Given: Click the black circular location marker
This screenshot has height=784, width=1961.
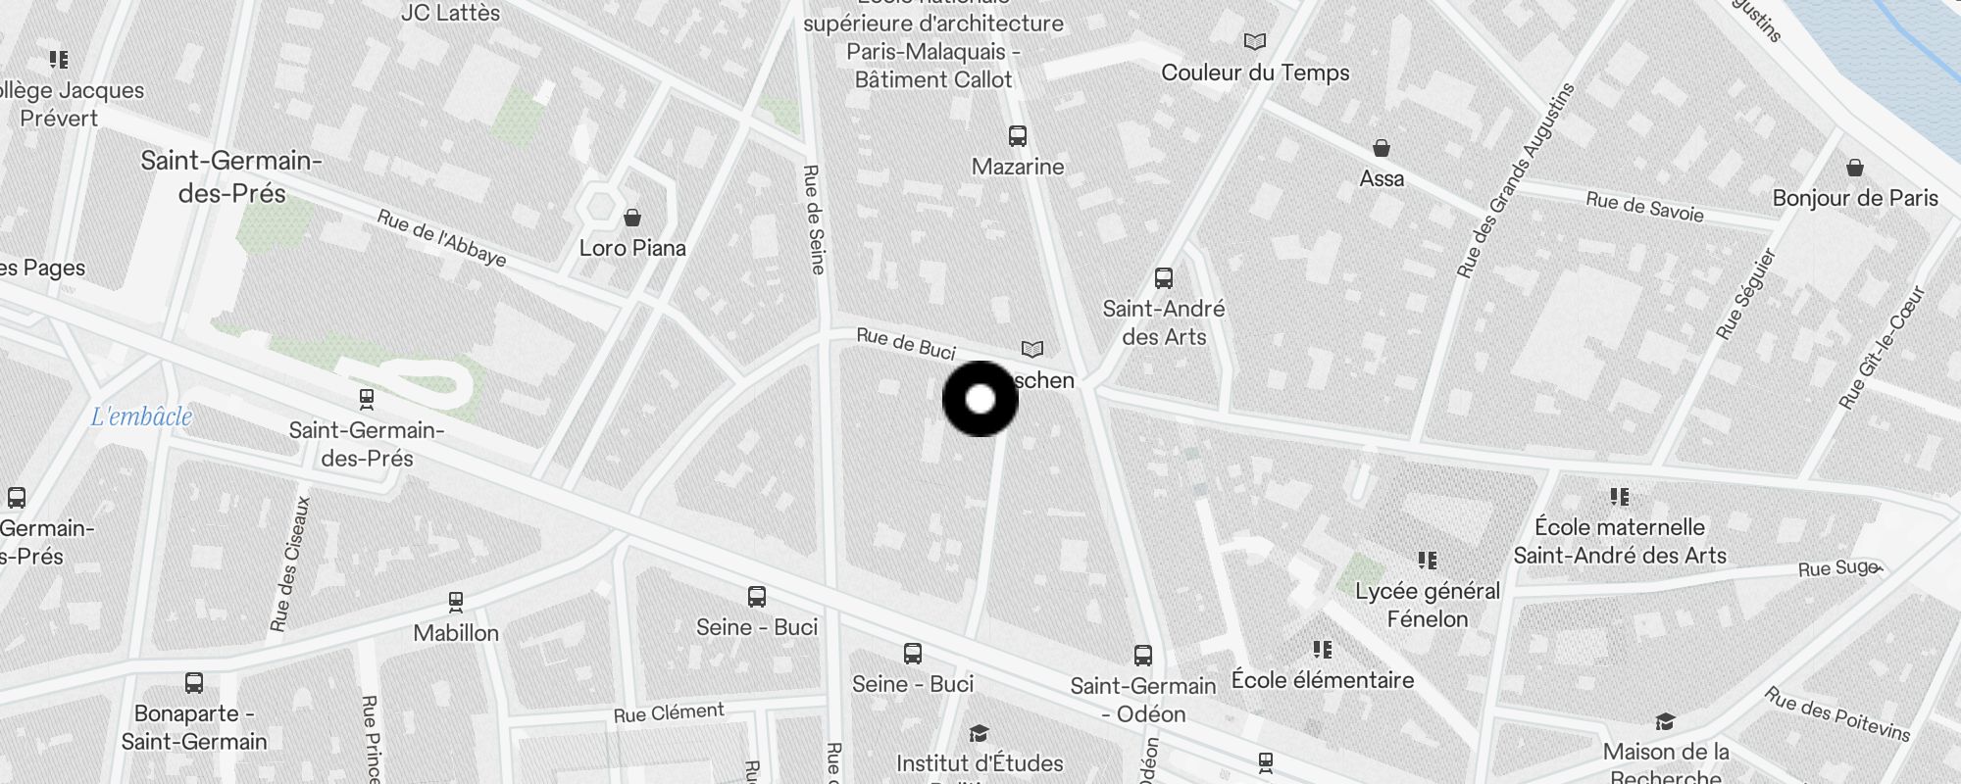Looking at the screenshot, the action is pyautogui.click(x=980, y=399).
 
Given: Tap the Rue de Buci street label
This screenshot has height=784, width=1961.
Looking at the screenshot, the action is pyautogui.click(x=905, y=343).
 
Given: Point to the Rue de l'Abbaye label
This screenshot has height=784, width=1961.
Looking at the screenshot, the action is pyautogui.click(x=441, y=238).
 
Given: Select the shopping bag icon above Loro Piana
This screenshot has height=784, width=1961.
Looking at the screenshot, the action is pyautogui.click(x=632, y=217).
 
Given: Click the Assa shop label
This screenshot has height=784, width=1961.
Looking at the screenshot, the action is pyautogui.click(x=1382, y=178).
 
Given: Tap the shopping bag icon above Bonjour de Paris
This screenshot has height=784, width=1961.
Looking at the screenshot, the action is pyautogui.click(x=1854, y=168).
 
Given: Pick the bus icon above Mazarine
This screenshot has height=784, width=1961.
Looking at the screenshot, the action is pyautogui.click(x=1018, y=136).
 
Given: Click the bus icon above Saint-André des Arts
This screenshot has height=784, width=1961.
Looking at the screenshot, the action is pyautogui.click(x=1164, y=278).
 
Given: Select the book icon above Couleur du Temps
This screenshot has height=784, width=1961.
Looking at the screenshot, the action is pyautogui.click(x=1254, y=42).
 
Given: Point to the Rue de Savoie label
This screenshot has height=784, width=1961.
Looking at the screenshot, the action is pyautogui.click(x=1644, y=207).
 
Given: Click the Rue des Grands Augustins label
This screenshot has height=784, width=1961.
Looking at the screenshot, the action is pyautogui.click(x=1515, y=180).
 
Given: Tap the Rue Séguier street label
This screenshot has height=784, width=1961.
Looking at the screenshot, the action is pyautogui.click(x=1745, y=294).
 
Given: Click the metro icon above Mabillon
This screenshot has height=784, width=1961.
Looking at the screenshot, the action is pyautogui.click(x=455, y=601).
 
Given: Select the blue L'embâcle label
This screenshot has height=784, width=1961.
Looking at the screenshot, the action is pyautogui.click(x=141, y=416).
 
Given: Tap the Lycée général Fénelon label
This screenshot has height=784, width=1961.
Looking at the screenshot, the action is pyautogui.click(x=1428, y=605).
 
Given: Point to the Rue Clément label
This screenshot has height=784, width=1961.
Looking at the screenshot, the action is pyautogui.click(x=669, y=712).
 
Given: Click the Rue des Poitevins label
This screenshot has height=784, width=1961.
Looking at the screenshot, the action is pyautogui.click(x=1837, y=713).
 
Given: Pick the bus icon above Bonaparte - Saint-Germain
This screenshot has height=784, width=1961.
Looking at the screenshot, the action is pyautogui.click(x=194, y=683).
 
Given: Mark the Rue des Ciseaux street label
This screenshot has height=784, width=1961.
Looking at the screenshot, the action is pyautogui.click(x=290, y=563).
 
